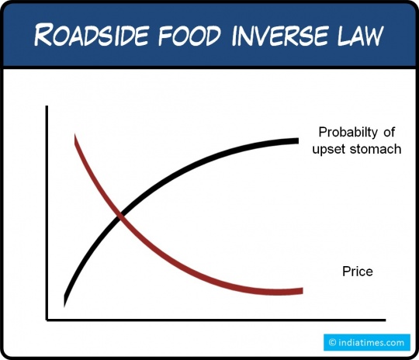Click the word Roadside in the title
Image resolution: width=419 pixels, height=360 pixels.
tap(91, 35)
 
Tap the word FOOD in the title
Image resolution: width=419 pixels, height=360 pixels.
tap(190, 35)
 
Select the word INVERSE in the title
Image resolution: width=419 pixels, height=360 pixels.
tap(279, 35)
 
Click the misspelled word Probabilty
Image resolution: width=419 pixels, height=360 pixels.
tap(348, 133)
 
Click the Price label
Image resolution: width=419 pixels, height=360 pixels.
tap(358, 272)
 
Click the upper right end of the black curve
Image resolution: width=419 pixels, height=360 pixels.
tap(298, 141)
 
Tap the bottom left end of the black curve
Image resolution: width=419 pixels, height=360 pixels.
tap(64, 305)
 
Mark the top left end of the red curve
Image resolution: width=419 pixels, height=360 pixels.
tap(74, 135)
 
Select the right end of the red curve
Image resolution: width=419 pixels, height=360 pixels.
tap(303, 291)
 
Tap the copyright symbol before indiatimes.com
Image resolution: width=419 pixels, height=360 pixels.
tap(332, 343)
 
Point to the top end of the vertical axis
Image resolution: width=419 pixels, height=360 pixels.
tap(47, 106)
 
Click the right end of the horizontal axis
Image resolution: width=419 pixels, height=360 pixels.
tap(386, 320)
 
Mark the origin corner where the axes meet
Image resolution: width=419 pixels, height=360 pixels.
tap(47, 320)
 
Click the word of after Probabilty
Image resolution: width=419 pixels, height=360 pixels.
tap(390, 132)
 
